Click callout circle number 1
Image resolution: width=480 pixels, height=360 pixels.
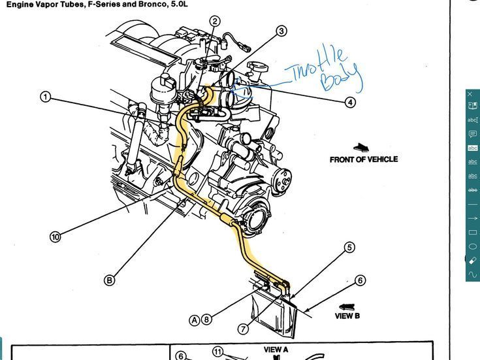pos(45,97)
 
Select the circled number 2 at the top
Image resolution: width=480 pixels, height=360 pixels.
pos(215,22)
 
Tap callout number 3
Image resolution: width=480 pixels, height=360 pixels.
pos(281,31)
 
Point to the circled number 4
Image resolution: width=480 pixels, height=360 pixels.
pos(351,102)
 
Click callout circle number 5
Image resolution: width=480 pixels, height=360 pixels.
pos(349,247)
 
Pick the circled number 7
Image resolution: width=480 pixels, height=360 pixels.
pos(243,328)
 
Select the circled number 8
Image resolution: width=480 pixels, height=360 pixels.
pos(206,319)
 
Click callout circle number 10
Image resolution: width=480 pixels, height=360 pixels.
pos(55,237)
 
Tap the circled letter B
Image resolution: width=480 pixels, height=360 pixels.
pos(110,280)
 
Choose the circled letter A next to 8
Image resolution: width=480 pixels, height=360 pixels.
pos(194,319)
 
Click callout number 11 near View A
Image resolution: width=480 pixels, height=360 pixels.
pos(217,352)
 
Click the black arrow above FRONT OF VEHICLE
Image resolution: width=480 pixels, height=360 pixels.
pos(361,148)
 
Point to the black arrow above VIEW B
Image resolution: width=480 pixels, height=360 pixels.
pos(347,305)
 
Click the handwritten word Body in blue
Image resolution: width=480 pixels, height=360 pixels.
pos(341,77)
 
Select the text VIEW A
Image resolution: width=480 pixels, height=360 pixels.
pos(276,350)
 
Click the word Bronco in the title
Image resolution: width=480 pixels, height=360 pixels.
pos(135,4)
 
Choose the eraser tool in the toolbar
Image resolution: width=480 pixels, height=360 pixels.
pos(473,260)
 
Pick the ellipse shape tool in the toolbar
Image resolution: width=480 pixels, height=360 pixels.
pos(473,246)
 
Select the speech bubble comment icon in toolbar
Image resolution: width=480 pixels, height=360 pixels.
pos(473,134)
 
